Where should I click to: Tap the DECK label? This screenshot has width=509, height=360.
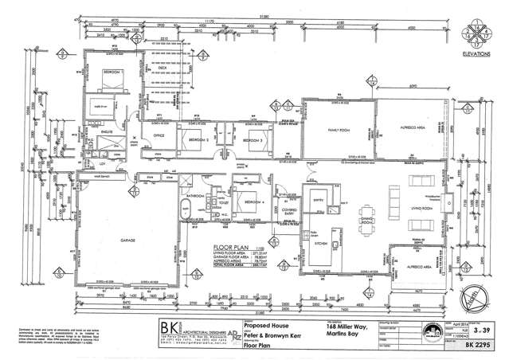click(x=164, y=68)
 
